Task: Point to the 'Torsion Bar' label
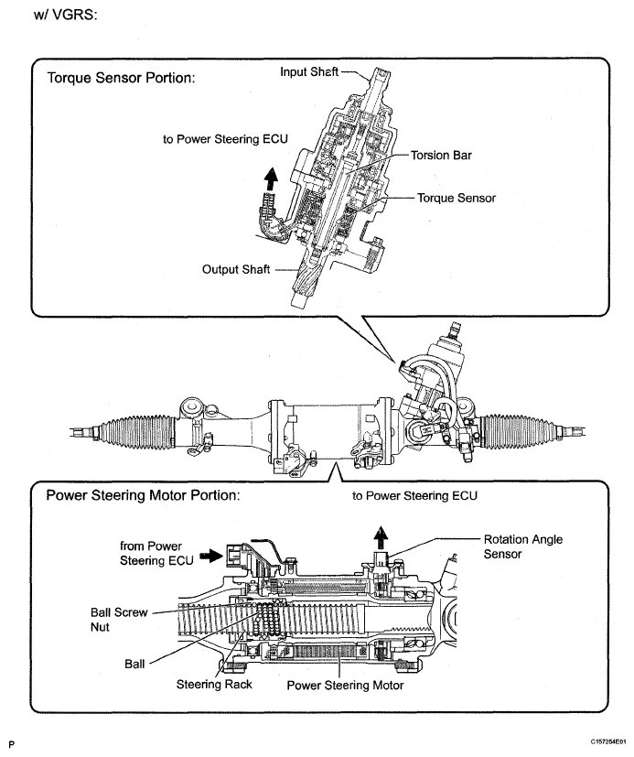pyautogui.click(x=440, y=156)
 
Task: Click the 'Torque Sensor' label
pyautogui.click(x=457, y=197)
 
